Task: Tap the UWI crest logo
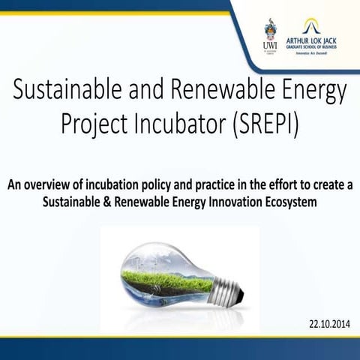coord(271,30)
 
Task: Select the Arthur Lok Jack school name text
coord(318,44)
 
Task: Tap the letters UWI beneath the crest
coord(271,46)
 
